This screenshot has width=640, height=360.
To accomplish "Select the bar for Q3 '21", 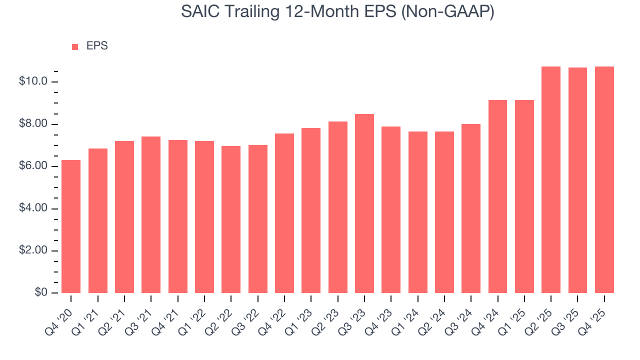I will tap(151, 214).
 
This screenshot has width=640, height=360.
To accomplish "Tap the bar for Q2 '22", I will tap(231, 219).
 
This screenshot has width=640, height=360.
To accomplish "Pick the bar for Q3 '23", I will tap(364, 203).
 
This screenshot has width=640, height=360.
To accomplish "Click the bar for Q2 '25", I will tap(551, 179).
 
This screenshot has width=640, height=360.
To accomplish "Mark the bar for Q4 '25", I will tap(604, 179).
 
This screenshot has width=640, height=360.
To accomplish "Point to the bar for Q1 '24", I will tap(417, 212).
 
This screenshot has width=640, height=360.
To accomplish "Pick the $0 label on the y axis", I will tap(41, 293).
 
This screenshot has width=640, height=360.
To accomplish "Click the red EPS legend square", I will tap(75, 46).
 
